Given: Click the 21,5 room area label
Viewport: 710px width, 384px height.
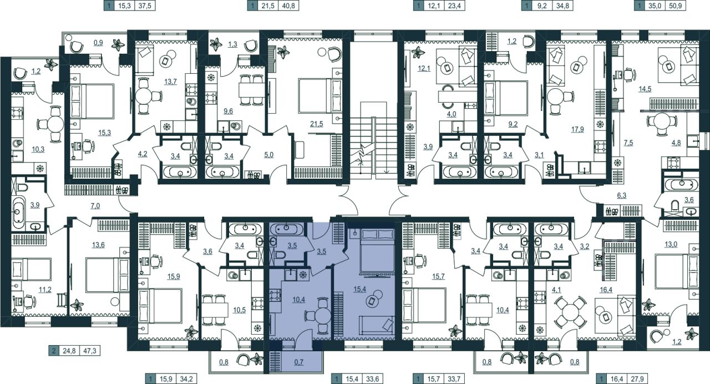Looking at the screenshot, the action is coord(317,124).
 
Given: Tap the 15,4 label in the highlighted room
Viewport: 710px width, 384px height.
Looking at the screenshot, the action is coord(360,289).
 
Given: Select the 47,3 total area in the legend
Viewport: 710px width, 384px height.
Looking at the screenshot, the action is coord(90,351).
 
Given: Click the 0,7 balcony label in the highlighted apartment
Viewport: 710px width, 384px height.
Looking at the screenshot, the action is coord(298,362).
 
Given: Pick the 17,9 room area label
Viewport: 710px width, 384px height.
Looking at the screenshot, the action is coord(577,129).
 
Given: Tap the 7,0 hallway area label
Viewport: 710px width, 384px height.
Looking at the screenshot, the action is coord(95,206).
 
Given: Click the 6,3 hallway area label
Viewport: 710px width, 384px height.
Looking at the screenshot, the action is coord(622,196).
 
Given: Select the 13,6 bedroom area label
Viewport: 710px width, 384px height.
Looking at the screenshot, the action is coord(98,245).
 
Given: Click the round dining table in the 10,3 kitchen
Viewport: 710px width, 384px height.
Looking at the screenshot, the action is coord(55,124).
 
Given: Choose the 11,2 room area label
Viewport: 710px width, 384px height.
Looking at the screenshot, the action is coord(45,289).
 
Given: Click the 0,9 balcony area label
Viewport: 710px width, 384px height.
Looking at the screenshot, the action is coord(98,43).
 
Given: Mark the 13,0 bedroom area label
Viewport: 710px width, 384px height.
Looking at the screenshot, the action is coord(671,244).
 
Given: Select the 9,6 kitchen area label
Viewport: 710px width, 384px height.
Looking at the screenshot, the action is coord(228,111).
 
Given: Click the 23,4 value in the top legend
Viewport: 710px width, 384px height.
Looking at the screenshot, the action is coord(454,6).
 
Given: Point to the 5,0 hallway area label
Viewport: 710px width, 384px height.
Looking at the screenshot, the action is coord(268,155).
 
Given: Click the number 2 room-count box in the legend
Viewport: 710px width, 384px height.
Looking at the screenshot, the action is coord(54,351).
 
